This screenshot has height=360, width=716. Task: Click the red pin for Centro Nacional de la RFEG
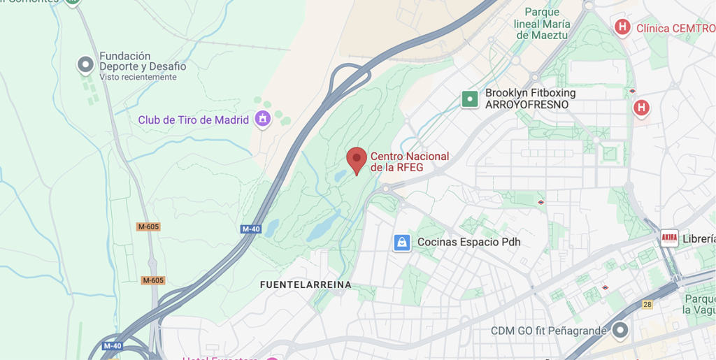pos(357,160)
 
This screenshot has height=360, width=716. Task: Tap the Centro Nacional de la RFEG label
pos(409,162)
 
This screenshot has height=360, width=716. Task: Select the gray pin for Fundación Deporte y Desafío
pos(85,65)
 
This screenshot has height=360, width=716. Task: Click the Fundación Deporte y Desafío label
pos(143,61)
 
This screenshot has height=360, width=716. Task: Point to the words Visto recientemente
pos(138,78)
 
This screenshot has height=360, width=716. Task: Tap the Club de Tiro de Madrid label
pos(193,120)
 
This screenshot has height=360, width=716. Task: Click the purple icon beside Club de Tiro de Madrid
pos(263,120)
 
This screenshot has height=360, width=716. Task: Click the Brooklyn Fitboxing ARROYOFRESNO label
pos(530,99)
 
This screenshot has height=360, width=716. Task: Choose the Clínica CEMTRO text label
pos(675,29)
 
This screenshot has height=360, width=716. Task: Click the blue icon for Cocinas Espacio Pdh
pos(401,243)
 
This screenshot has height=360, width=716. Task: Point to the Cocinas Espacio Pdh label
pos(468,243)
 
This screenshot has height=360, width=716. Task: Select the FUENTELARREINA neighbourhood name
pos(306,285)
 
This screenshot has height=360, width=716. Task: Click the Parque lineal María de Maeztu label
pos(542,24)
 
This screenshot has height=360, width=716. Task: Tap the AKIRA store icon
pos(669,238)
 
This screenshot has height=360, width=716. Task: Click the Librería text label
pos(699,239)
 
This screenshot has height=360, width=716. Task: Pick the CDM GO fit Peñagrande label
pos(547,331)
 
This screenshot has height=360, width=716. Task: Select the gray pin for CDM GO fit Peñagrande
pos(620,329)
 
